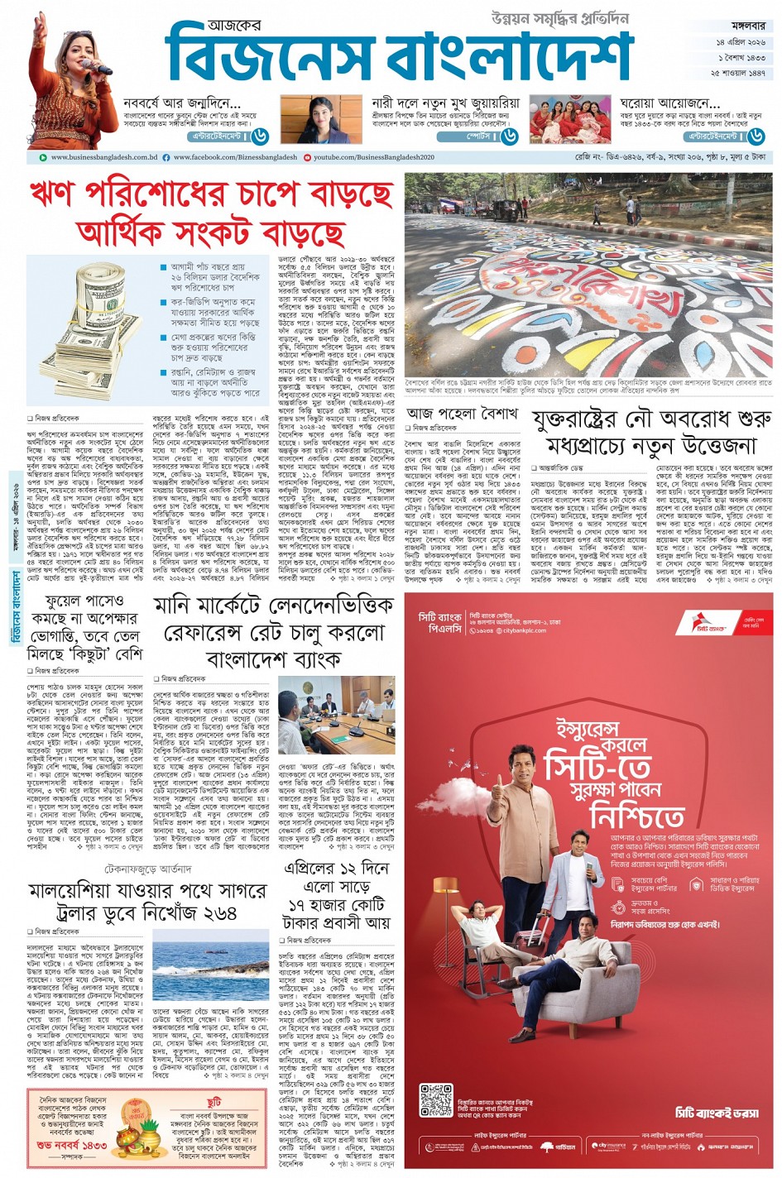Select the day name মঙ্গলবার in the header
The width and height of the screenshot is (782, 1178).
click(x=739, y=26)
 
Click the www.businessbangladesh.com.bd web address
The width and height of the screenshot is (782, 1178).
click(x=103, y=156)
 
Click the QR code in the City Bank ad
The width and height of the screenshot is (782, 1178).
click(x=436, y=1100)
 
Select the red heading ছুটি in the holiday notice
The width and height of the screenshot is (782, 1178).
click(x=213, y=1103)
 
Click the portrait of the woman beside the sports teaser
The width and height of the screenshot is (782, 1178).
click(x=321, y=120)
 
